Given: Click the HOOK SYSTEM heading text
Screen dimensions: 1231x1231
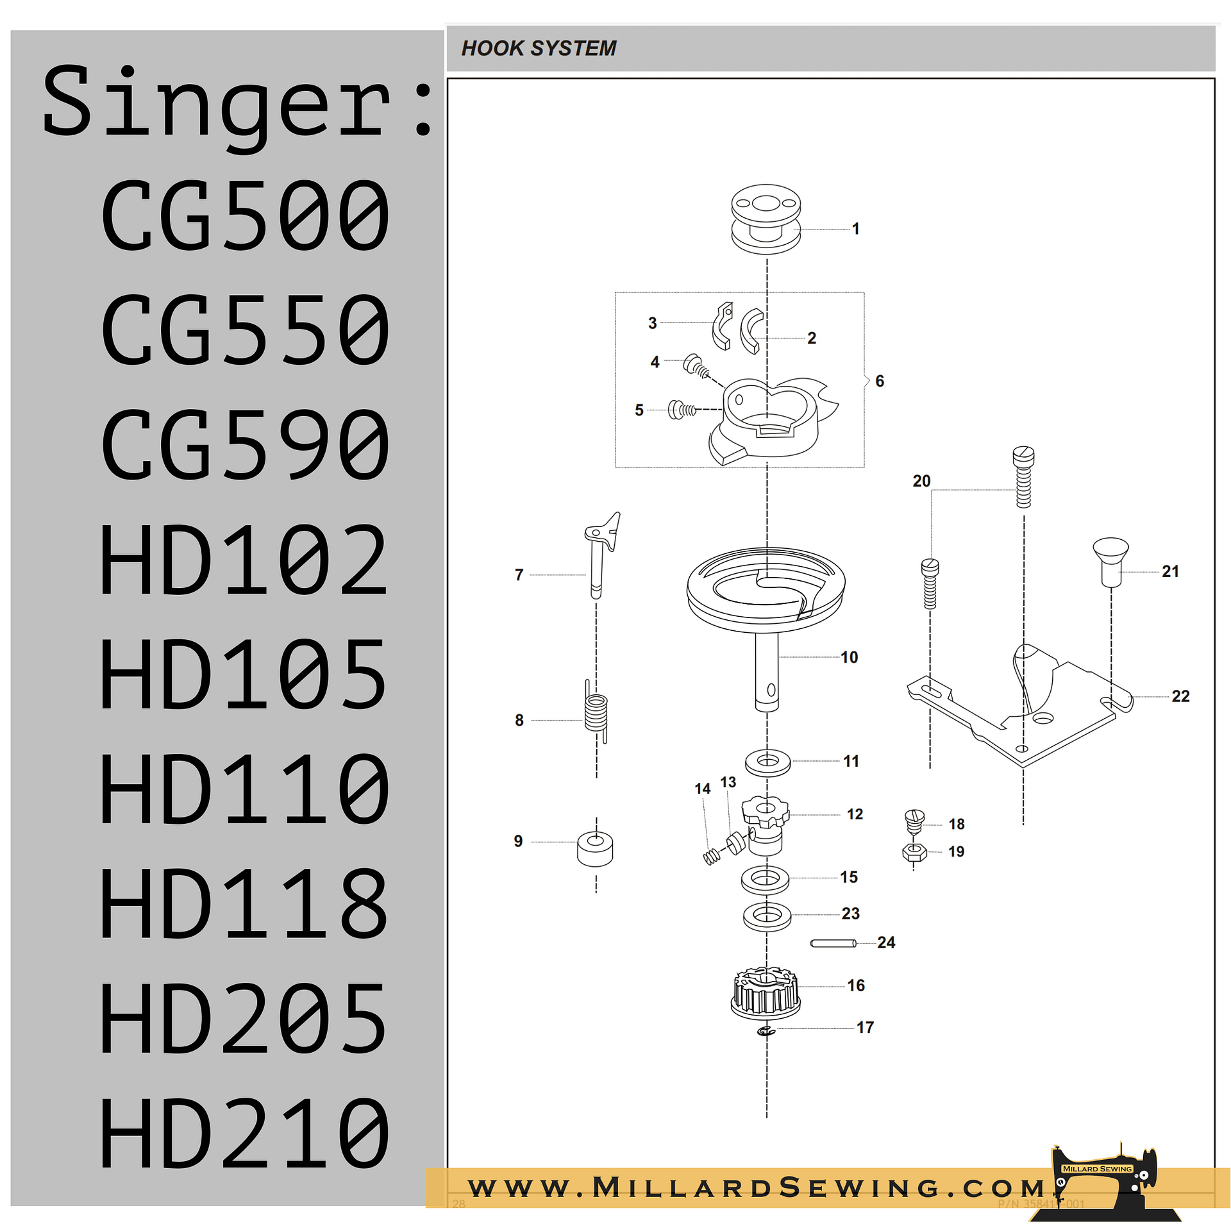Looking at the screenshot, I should tap(539, 48).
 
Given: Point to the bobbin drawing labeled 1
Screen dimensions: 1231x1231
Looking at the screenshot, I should tap(766, 219).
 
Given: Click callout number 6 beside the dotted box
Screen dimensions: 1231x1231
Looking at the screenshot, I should tap(880, 381).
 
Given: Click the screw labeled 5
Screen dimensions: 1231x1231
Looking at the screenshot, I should tap(681, 409).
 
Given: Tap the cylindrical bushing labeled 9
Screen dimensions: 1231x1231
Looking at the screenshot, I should tap(595, 849).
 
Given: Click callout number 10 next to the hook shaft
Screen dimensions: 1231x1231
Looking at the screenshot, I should tap(849, 657).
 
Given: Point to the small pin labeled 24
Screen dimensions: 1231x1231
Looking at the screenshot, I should tap(833, 943).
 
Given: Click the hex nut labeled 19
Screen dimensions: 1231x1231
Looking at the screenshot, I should tap(914, 852).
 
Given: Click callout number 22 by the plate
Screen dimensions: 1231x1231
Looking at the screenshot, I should tap(1180, 696).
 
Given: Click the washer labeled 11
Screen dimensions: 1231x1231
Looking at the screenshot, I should tap(767, 762).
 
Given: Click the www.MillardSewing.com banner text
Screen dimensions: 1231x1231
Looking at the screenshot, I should tap(757, 1187).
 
